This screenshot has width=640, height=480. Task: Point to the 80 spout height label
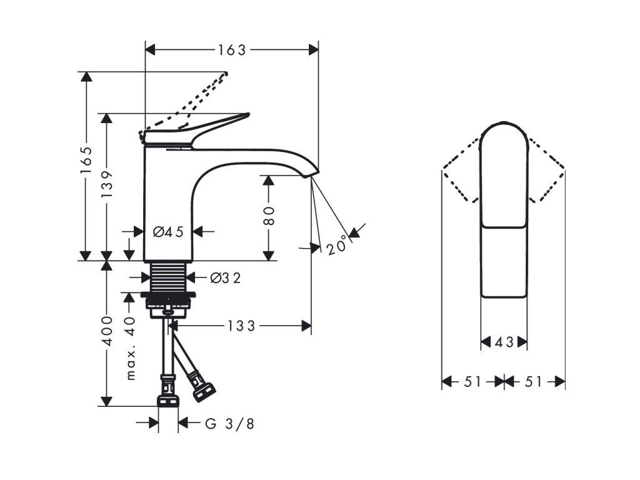tap(268, 216)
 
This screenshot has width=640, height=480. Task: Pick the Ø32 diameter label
tap(225, 279)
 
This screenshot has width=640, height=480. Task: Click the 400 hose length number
tap(107, 331)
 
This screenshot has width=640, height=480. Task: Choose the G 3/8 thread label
tap(230, 424)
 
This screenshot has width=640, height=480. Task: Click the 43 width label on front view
tap(504, 342)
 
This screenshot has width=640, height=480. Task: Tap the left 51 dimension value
tap(473, 381)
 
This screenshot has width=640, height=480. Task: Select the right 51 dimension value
tap(534, 381)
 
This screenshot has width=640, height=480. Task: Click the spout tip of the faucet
tap(313, 172)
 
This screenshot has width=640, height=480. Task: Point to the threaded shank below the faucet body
tap(169, 276)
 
